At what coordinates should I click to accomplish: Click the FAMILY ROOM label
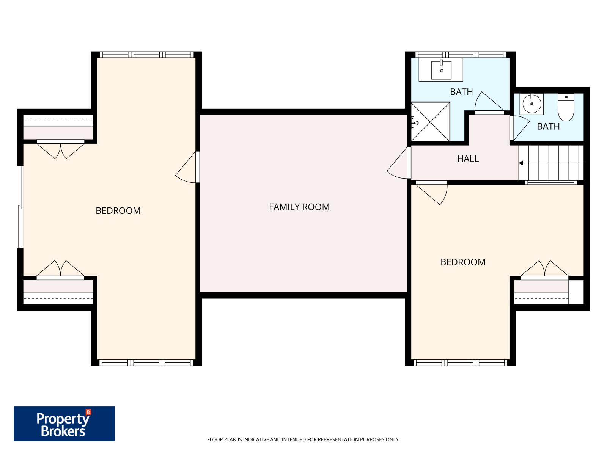(x=299, y=207)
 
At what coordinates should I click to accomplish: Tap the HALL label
(x=468, y=159)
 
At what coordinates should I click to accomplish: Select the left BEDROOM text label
(x=118, y=211)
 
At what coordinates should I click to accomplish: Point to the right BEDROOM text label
(x=462, y=262)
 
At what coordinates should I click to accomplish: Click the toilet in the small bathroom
(x=566, y=107)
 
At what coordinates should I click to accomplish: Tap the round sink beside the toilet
(x=532, y=104)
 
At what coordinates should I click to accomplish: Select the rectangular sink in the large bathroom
(x=441, y=70)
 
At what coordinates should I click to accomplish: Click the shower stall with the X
(x=430, y=122)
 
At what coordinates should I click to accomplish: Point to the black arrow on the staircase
(x=521, y=163)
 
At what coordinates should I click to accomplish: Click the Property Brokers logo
(x=64, y=424)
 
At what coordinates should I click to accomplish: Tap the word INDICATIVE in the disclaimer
(x=256, y=439)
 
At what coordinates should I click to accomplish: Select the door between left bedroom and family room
(x=187, y=167)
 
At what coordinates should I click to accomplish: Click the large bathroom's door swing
(x=489, y=103)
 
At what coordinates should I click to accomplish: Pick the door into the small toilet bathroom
(x=520, y=128)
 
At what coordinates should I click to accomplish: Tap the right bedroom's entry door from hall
(x=431, y=193)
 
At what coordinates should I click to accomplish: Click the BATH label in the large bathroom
(x=461, y=92)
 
